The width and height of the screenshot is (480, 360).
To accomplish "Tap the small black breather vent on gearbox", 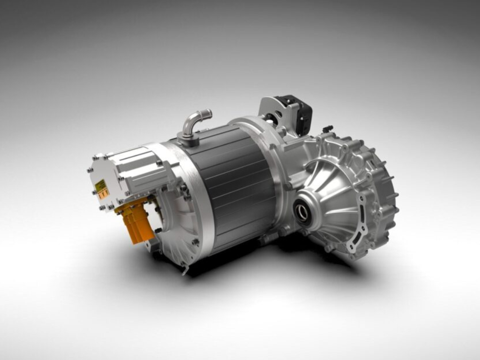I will pos(328,129).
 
